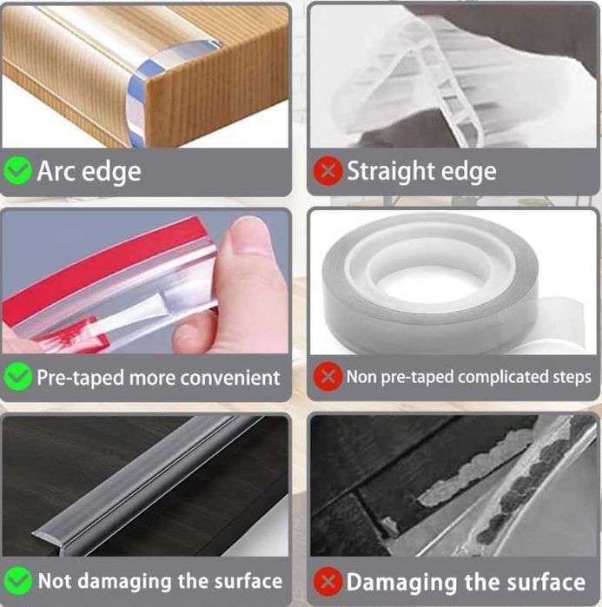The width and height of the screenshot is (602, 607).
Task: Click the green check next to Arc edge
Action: click(x=17, y=171)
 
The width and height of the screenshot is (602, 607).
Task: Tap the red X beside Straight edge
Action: click(x=327, y=171)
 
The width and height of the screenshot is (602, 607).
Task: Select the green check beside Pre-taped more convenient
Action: click(x=17, y=377)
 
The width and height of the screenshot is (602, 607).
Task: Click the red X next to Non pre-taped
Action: click(x=327, y=376)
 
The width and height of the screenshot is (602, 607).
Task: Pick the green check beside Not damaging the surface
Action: click(x=18, y=581)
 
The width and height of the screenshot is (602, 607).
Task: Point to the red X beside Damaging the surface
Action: click(x=327, y=582)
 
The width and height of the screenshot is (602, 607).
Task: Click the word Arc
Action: click(x=56, y=171)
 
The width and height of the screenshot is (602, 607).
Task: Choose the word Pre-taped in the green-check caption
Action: click(x=80, y=379)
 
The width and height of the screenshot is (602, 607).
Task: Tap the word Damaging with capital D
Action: click(x=401, y=583)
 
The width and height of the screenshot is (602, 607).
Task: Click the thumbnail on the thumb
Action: click(x=248, y=235)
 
